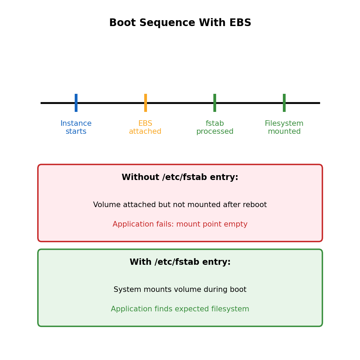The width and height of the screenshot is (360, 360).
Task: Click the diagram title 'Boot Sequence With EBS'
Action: (180, 23)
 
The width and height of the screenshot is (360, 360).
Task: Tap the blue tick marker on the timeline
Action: (76, 103)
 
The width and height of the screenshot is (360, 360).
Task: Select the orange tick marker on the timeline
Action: (146, 103)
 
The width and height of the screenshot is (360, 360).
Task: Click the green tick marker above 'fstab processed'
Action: (215, 103)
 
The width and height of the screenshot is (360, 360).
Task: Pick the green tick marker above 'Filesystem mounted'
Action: (284, 103)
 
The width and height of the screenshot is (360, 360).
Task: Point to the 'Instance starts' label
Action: (76, 128)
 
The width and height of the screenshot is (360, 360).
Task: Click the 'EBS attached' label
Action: (145, 128)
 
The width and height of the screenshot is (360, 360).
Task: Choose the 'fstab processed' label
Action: (215, 128)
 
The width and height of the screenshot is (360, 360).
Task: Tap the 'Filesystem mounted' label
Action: (284, 128)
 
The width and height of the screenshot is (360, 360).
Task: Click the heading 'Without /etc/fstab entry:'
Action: (180, 178)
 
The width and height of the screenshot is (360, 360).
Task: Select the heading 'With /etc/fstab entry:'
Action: (180, 262)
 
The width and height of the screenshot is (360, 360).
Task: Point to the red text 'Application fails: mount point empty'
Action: (180, 224)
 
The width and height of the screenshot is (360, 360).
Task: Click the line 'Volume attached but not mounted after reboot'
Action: (180, 205)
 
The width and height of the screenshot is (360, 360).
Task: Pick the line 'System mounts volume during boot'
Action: (180, 290)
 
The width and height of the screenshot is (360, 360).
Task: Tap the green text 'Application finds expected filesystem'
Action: (180, 309)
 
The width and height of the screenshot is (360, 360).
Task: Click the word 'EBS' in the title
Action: (241, 23)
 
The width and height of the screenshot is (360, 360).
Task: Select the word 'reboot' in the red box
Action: (255, 205)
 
